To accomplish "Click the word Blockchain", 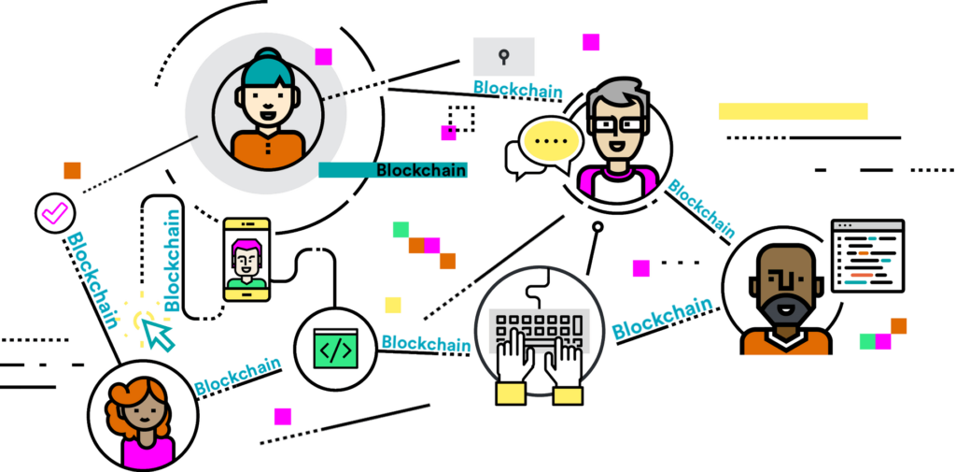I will (420, 170).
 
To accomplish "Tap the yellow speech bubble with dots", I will (551, 142).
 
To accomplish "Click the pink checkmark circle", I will (53, 214).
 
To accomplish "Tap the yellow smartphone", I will (246, 260).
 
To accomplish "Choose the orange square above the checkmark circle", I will (72, 170).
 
